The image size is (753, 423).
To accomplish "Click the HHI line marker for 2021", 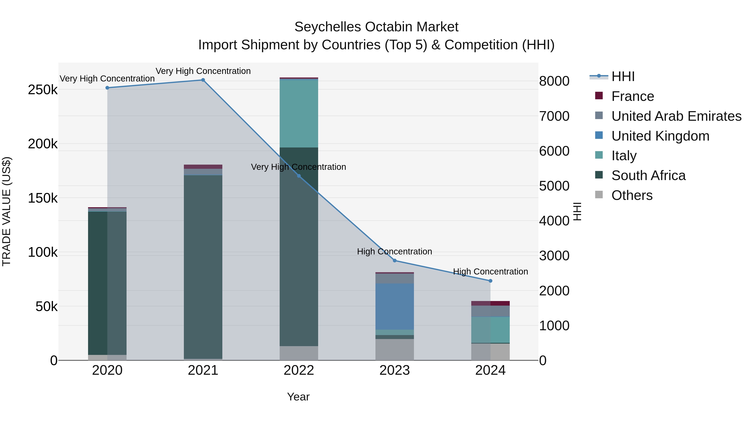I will [x=203, y=80].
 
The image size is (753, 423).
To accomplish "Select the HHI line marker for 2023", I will [x=395, y=260].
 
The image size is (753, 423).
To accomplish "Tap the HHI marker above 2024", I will [x=490, y=281].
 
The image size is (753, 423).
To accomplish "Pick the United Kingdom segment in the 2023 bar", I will [x=395, y=306].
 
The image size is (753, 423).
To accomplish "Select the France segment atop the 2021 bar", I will [x=203, y=167].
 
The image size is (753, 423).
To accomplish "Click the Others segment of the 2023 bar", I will [x=395, y=349].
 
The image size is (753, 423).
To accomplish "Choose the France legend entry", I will [x=632, y=96].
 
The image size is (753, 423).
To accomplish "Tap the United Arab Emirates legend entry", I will [x=676, y=116].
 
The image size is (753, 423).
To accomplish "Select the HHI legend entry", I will [x=623, y=76].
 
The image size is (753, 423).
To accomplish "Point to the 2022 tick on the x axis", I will [x=299, y=370].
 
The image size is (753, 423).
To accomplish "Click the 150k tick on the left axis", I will [x=43, y=198].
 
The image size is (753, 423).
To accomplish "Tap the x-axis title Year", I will [x=298, y=397].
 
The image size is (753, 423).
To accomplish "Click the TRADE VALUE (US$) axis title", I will [x=6, y=211].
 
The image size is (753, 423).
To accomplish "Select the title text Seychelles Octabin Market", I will [x=376, y=27].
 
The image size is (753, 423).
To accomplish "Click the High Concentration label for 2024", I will [x=490, y=272].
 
